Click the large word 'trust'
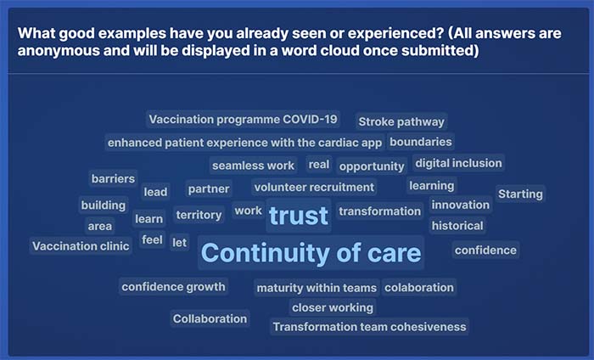click(x=299, y=216)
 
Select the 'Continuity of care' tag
click(x=311, y=253)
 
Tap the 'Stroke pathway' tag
click(x=401, y=121)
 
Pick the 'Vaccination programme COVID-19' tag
click(x=243, y=120)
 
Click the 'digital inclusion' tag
click(x=458, y=163)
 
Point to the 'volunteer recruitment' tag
click(x=314, y=187)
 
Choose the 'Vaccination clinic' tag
click(x=81, y=246)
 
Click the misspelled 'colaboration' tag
click(x=419, y=288)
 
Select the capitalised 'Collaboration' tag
click(x=210, y=318)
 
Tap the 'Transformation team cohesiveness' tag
click(x=369, y=327)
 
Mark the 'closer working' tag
click(x=333, y=307)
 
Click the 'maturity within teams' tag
click(x=317, y=288)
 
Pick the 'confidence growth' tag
click(x=173, y=286)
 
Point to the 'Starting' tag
click(x=520, y=194)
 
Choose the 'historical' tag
click(x=457, y=226)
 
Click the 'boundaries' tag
click(x=421, y=142)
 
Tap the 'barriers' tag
click(x=113, y=178)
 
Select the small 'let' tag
click(x=179, y=243)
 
